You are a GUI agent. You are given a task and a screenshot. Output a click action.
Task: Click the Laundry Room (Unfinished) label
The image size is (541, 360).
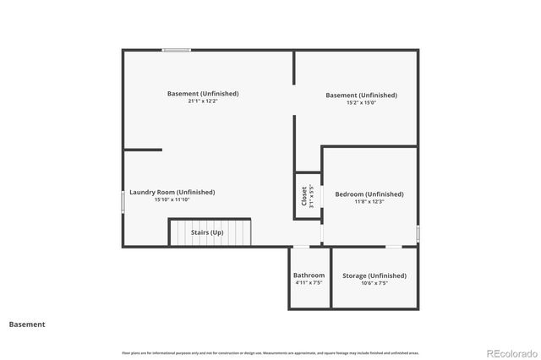pos(172,192)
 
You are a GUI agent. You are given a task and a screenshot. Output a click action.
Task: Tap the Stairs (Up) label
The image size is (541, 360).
pos(206,232)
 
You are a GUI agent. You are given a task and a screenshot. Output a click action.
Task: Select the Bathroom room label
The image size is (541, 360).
pos(309,275)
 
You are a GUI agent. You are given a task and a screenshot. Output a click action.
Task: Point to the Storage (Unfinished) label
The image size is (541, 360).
pos(374,275)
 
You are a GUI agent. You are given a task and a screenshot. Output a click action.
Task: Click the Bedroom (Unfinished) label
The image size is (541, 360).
pos(369,194)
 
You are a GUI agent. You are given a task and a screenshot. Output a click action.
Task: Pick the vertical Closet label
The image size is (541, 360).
pos(304,196)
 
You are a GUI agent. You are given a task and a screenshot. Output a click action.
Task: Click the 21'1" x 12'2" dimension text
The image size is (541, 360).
pos(203,101)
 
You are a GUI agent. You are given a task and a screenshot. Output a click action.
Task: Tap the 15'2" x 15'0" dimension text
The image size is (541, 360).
pos(361,103)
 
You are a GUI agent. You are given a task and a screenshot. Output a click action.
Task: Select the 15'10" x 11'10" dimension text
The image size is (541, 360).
pos(172,200)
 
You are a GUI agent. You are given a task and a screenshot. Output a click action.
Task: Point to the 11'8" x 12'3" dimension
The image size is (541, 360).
pos(369,202)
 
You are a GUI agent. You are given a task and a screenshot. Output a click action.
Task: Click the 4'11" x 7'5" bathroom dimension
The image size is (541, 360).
pos(309,283)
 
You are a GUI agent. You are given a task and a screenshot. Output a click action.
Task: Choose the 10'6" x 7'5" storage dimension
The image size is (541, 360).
pos(374,283)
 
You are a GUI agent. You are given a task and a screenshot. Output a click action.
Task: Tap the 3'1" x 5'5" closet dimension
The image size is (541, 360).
pos(312,196)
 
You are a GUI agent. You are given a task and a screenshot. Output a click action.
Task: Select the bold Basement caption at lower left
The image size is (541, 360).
pos(27,324)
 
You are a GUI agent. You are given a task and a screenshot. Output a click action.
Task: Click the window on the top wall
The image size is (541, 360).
pos(176,51)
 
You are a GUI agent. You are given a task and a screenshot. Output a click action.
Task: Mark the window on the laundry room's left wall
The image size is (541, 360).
pos(123,202)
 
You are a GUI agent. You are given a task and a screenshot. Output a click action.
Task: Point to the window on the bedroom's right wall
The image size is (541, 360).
pos(418,232)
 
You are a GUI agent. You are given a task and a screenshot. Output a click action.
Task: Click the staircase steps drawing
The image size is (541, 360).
pos(211,232)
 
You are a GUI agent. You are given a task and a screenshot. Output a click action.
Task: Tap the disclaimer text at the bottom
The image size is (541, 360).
pos(270,352)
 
